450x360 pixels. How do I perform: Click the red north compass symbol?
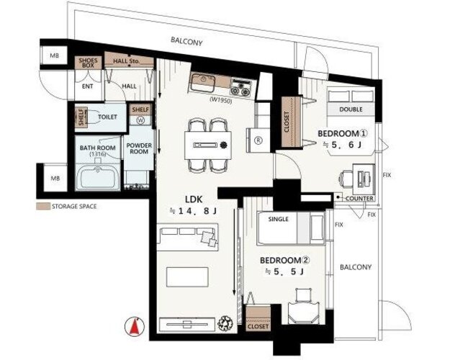click(135, 326)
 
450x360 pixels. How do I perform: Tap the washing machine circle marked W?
click(140, 120)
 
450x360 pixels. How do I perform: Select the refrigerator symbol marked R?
click(258, 140)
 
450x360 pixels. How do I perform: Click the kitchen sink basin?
click(203, 82)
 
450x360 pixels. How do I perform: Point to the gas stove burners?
click(240, 88)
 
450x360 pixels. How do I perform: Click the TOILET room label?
click(107, 117)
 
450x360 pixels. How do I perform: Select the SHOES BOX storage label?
click(88, 63)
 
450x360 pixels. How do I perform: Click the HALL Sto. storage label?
click(126, 61)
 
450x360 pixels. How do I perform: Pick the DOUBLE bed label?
click(351, 109)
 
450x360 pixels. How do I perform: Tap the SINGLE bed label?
click(278, 219)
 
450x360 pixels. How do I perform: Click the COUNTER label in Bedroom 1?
click(359, 199)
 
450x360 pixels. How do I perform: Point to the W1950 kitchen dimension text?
click(221, 100)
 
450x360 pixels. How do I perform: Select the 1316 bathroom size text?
click(98, 154)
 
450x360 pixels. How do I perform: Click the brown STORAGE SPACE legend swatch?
click(42, 206)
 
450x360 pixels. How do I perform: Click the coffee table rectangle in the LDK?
click(187, 276)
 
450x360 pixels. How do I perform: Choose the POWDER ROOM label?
click(139, 148)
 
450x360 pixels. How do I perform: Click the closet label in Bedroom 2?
click(258, 326)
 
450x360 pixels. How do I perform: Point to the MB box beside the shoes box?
click(54, 55)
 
